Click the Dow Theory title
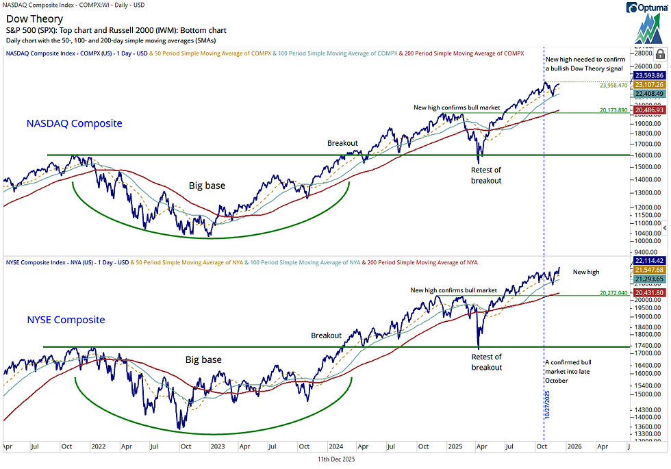(x=34, y=19)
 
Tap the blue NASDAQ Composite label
(x=75, y=123)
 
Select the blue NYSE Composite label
(x=66, y=320)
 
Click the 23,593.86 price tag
(x=648, y=75)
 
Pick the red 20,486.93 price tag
(x=648, y=110)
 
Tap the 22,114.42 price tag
(x=648, y=261)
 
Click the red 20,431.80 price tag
(x=648, y=293)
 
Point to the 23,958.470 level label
(x=613, y=86)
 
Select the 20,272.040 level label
(x=613, y=293)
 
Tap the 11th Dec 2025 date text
(x=335, y=459)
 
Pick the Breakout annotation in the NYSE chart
(x=326, y=335)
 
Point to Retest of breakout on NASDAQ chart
(x=486, y=175)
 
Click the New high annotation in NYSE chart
(x=586, y=272)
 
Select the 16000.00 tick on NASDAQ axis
(x=647, y=155)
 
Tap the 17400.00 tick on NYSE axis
(x=647, y=347)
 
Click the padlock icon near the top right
(x=659, y=53)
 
